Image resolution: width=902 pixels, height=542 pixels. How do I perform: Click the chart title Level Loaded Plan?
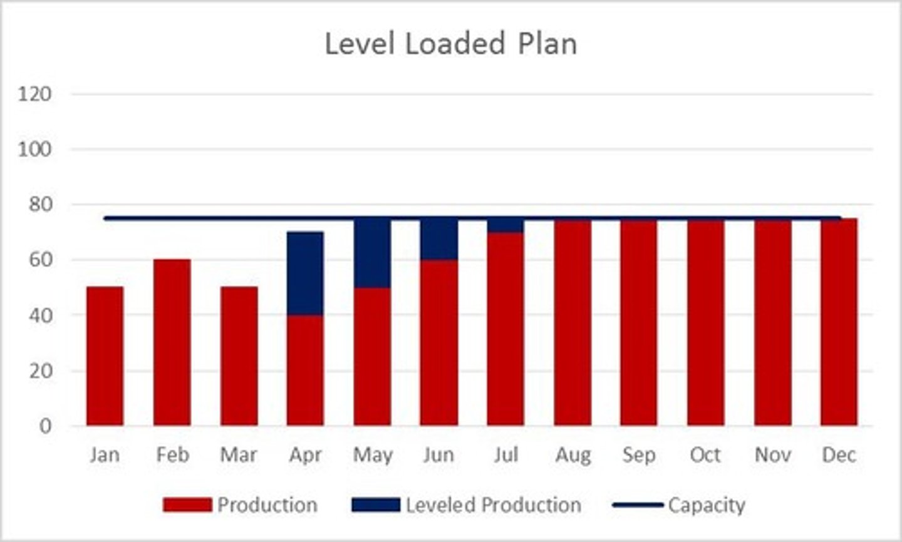(450, 44)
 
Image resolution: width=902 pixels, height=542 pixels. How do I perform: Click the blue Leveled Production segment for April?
(306, 273)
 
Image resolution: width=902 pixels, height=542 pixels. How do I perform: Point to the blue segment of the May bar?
(373, 253)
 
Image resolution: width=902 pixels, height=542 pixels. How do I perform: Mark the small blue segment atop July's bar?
(505, 226)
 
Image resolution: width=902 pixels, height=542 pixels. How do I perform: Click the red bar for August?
(573, 322)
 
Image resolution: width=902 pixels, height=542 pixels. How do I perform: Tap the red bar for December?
(839, 322)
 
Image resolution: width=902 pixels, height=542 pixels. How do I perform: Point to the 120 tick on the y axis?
(34, 95)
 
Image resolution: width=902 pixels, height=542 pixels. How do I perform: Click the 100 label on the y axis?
(34, 150)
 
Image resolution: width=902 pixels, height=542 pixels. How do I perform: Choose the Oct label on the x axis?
(705, 455)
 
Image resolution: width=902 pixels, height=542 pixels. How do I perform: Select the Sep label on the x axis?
(639, 455)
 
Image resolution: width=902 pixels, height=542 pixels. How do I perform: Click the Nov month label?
(772, 455)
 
